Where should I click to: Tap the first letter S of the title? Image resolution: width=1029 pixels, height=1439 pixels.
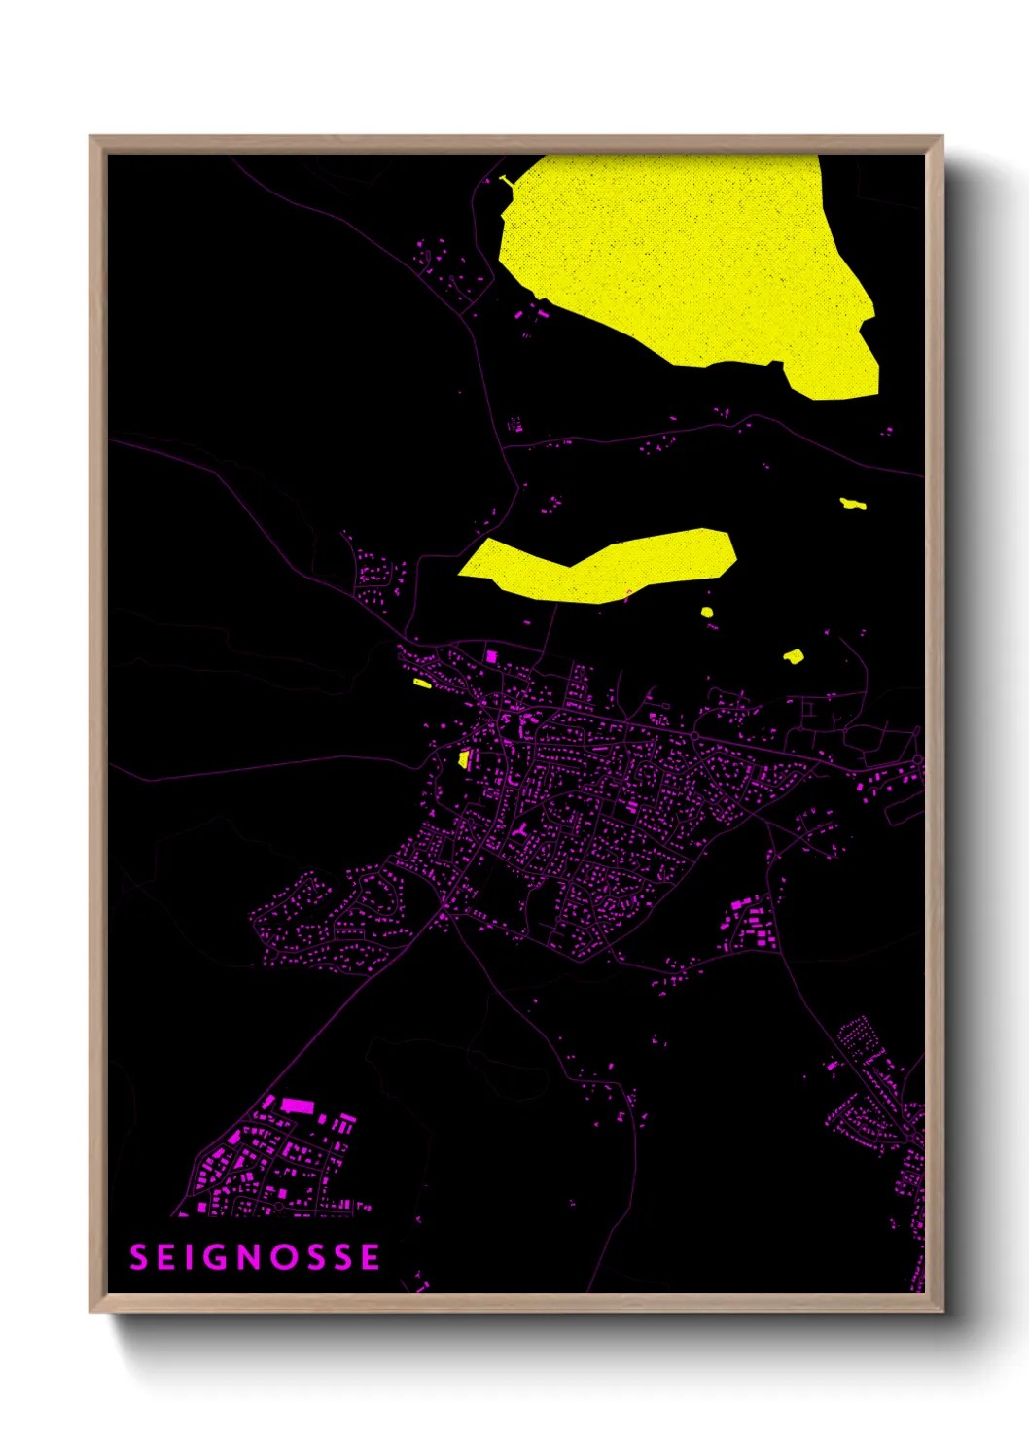click(x=139, y=1257)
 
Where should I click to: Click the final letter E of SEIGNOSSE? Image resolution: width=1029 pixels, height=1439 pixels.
click(x=370, y=1257)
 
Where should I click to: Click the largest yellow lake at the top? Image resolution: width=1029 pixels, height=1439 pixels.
click(x=681, y=263)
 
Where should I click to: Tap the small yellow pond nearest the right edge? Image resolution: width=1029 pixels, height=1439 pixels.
click(x=853, y=504)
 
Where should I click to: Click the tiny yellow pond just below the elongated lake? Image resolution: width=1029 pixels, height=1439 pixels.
click(x=707, y=613)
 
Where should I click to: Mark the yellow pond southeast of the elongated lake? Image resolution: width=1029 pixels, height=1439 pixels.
click(x=794, y=656)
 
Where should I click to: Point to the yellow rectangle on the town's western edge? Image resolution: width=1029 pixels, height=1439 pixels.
click(x=465, y=759)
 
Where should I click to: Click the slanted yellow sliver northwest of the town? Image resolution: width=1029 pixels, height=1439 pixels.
click(x=422, y=684)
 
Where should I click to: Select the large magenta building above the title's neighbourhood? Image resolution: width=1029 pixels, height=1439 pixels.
click(x=297, y=1106)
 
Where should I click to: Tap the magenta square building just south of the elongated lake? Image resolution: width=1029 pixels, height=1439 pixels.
click(x=491, y=657)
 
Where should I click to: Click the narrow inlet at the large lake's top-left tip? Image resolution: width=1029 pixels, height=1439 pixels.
click(x=507, y=182)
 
